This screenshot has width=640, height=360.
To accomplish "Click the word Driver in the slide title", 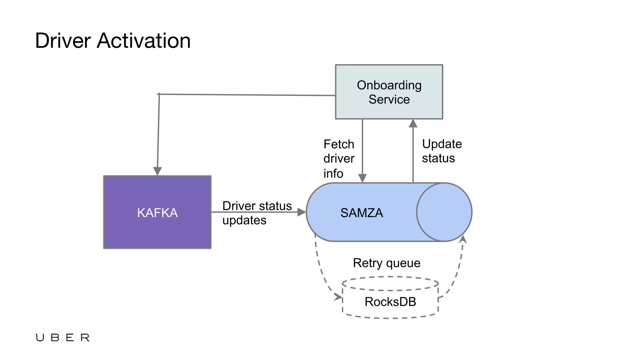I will pyautogui.click(x=63, y=41).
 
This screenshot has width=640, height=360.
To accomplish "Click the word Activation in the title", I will pyautogui.click(x=144, y=41).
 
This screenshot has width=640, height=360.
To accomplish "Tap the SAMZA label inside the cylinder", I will pyautogui.click(x=362, y=213).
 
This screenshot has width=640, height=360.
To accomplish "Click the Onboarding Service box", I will pyautogui.click(x=389, y=92).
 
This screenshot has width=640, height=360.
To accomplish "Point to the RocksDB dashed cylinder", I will pyautogui.click(x=390, y=302).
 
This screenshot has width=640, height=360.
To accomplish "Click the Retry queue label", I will pyautogui.click(x=387, y=263).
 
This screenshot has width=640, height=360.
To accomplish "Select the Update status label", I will pyautogui.click(x=441, y=151).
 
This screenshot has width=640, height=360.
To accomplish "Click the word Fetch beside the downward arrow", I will pyautogui.click(x=339, y=144).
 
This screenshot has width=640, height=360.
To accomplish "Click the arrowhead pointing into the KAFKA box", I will pyautogui.click(x=157, y=171).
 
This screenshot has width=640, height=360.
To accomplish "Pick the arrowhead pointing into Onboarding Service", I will pyautogui.click(x=413, y=123).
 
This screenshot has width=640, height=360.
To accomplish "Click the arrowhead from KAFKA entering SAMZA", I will pyautogui.click(x=301, y=212).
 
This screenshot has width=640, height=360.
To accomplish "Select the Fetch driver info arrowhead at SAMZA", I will pyautogui.click(x=362, y=178).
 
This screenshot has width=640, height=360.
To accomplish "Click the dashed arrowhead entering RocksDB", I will pyautogui.click(x=338, y=297).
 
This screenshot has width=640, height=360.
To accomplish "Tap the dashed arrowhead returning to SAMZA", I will pyautogui.click(x=463, y=239).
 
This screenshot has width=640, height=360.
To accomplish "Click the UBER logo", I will pyautogui.click(x=62, y=337).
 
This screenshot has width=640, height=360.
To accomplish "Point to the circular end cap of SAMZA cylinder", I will pyautogui.click(x=444, y=212).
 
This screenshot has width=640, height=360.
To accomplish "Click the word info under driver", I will pyautogui.click(x=333, y=173).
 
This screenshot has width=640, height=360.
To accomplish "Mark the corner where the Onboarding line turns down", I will pyautogui.click(x=159, y=94).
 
